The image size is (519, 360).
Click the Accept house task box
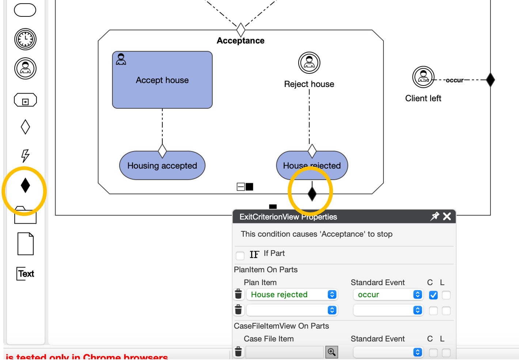pyautogui.click(x=162, y=80)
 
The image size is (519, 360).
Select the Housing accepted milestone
pyautogui.click(x=162, y=166)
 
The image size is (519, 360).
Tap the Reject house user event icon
pyautogui.click(x=309, y=63)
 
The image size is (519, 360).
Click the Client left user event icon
pyautogui.click(x=423, y=77)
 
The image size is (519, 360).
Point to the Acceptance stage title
pyautogui.click(x=240, y=41)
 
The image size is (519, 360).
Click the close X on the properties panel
pyautogui.click(x=447, y=216)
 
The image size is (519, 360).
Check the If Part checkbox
pyautogui.click(x=240, y=255)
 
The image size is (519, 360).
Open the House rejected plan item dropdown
pyautogui.click(x=292, y=295)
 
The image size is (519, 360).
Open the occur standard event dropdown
pyautogui.click(x=388, y=295)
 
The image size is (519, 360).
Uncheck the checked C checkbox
pyautogui.click(x=433, y=295)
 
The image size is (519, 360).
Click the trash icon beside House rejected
pyautogui.click(x=238, y=294)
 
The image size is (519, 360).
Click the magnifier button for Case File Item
pyautogui.click(x=332, y=352)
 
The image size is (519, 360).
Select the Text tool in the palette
pyautogui.click(x=26, y=274)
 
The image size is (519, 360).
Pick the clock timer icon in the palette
pyautogui.click(x=25, y=39)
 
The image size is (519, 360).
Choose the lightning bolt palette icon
pyautogui.click(x=25, y=156)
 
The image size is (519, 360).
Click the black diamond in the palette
pyautogui.click(x=25, y=185)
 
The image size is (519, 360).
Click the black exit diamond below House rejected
pyautogui.click(x=312, y=193)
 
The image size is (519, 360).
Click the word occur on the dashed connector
pyautogui.click(x=454, y=80)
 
